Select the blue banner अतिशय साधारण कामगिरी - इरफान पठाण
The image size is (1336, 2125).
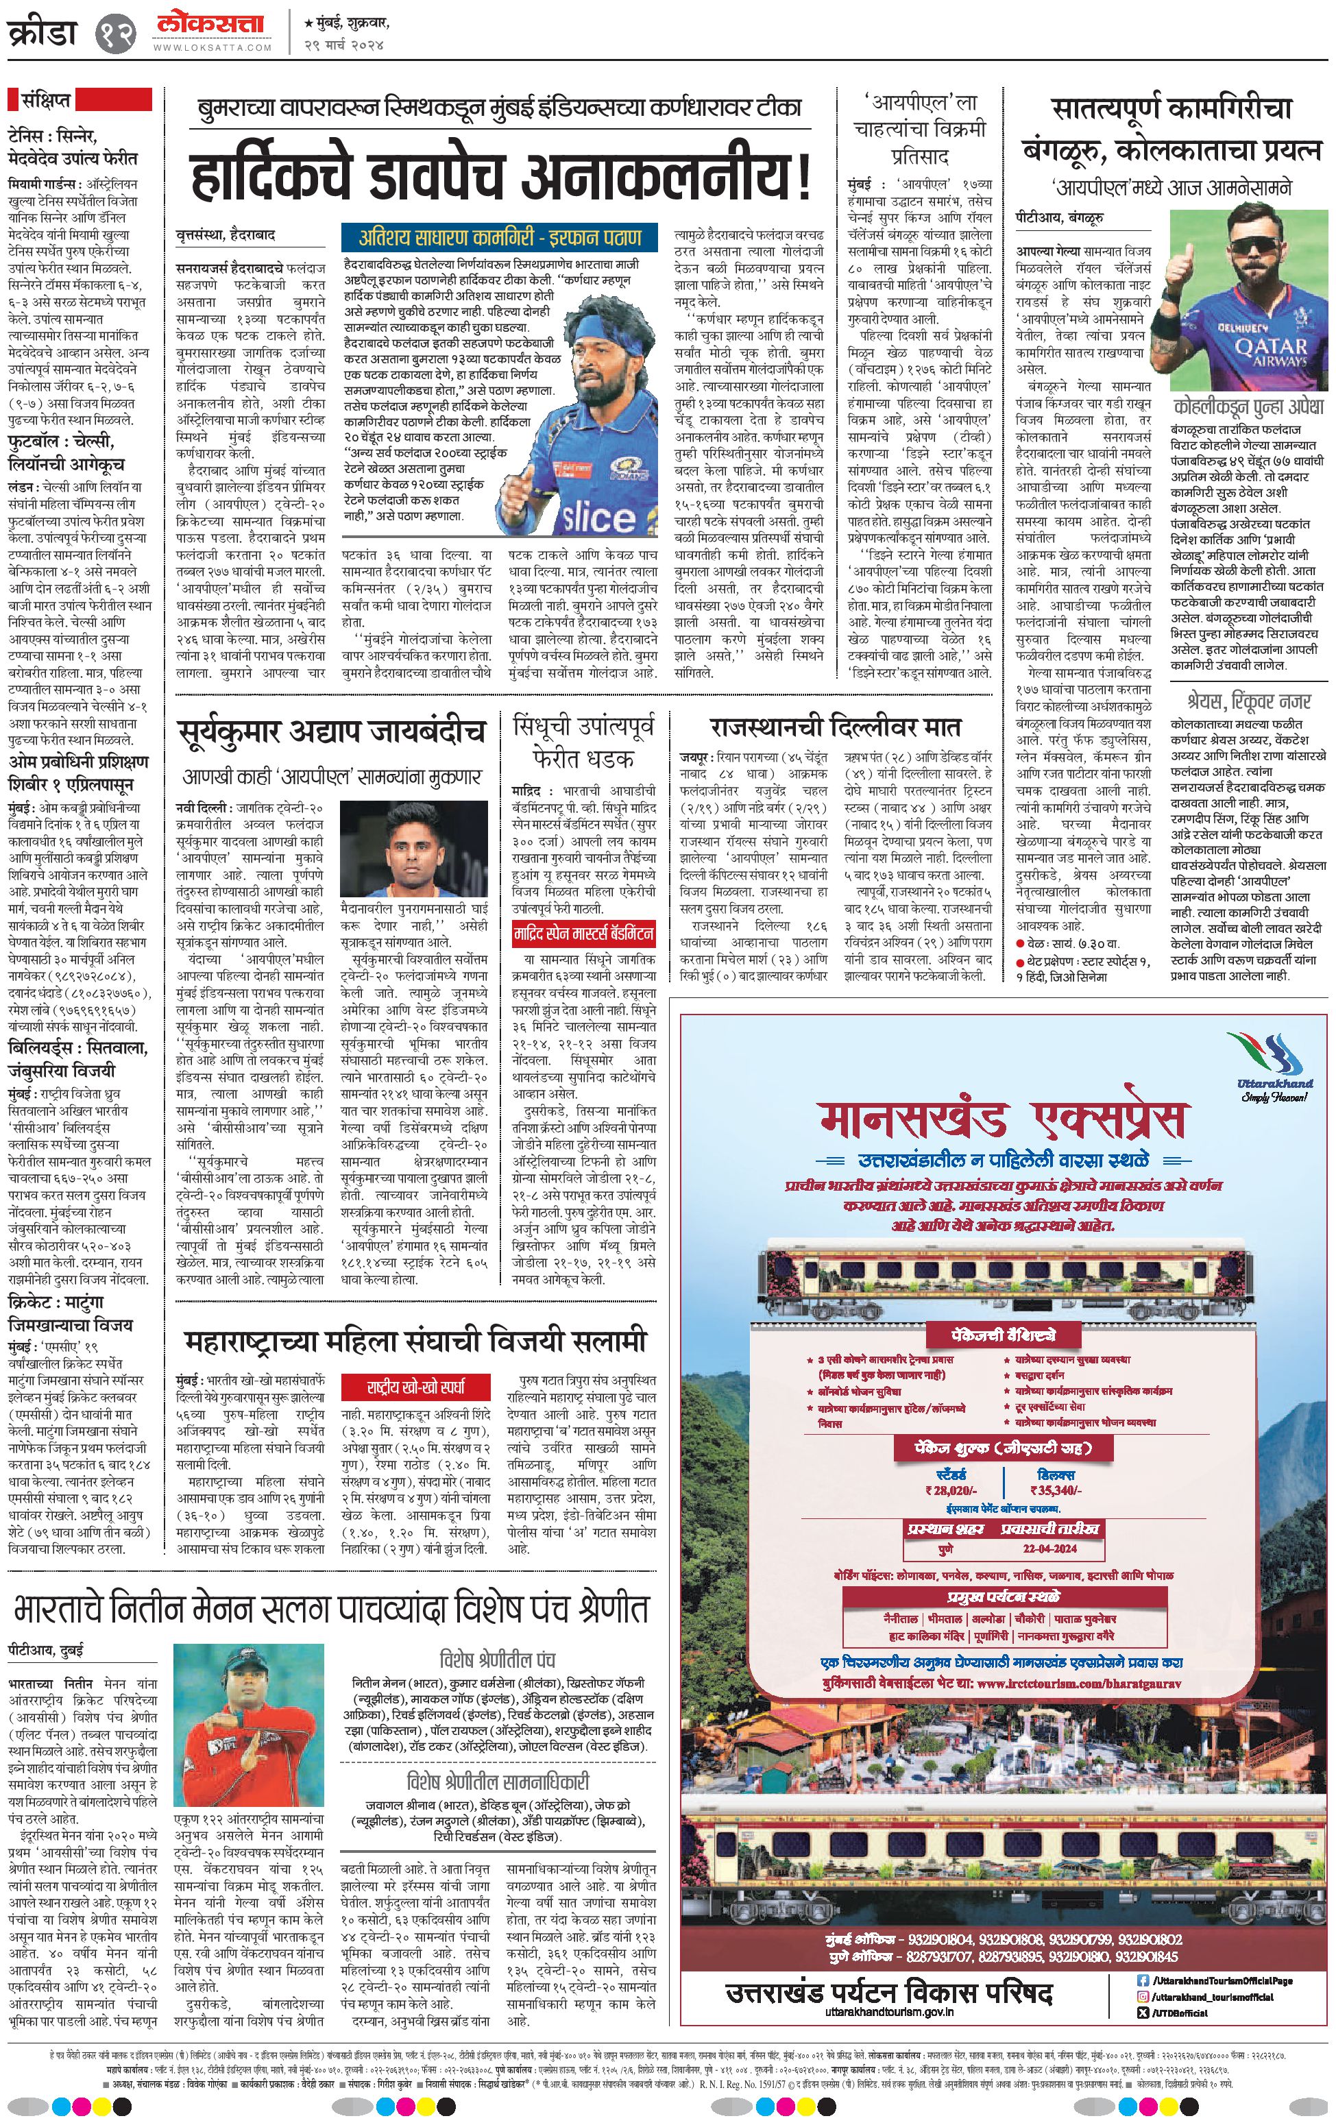(x=500, y=236)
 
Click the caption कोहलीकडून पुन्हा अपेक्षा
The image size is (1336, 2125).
(x=1249, y=406)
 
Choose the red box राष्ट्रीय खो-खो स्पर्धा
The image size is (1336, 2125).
(x=415, y=1385)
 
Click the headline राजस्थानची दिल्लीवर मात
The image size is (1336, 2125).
(x=835, y=727)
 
